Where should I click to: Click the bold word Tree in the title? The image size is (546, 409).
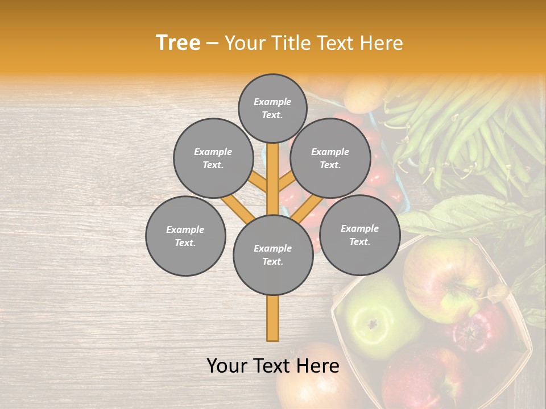pyautogui.click(x=178, y=43)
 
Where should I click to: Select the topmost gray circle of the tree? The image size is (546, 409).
pyautogui.click(x=272, y=108)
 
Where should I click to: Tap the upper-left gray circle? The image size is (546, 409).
pyautogui.click(x=213, y=158)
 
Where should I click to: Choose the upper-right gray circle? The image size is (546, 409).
pyautogui.click(x=330, y=158)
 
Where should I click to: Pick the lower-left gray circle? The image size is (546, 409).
pyautogui.click(x=185, y=236)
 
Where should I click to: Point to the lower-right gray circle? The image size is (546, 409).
pyautogui.click(x=359, y=235)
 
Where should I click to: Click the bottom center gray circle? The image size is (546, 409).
pyautogui.click(x=273, y=255)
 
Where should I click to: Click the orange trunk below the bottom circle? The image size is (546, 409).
pyautogui.click(x=272, y=318)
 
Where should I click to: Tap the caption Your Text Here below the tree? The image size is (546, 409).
pyautogui.click(x=273, y=366)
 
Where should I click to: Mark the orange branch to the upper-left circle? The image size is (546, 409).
pyautogui.click(x=258, y=182)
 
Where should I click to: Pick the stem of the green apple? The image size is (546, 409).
pyautogui.click(x=373, y=324)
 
